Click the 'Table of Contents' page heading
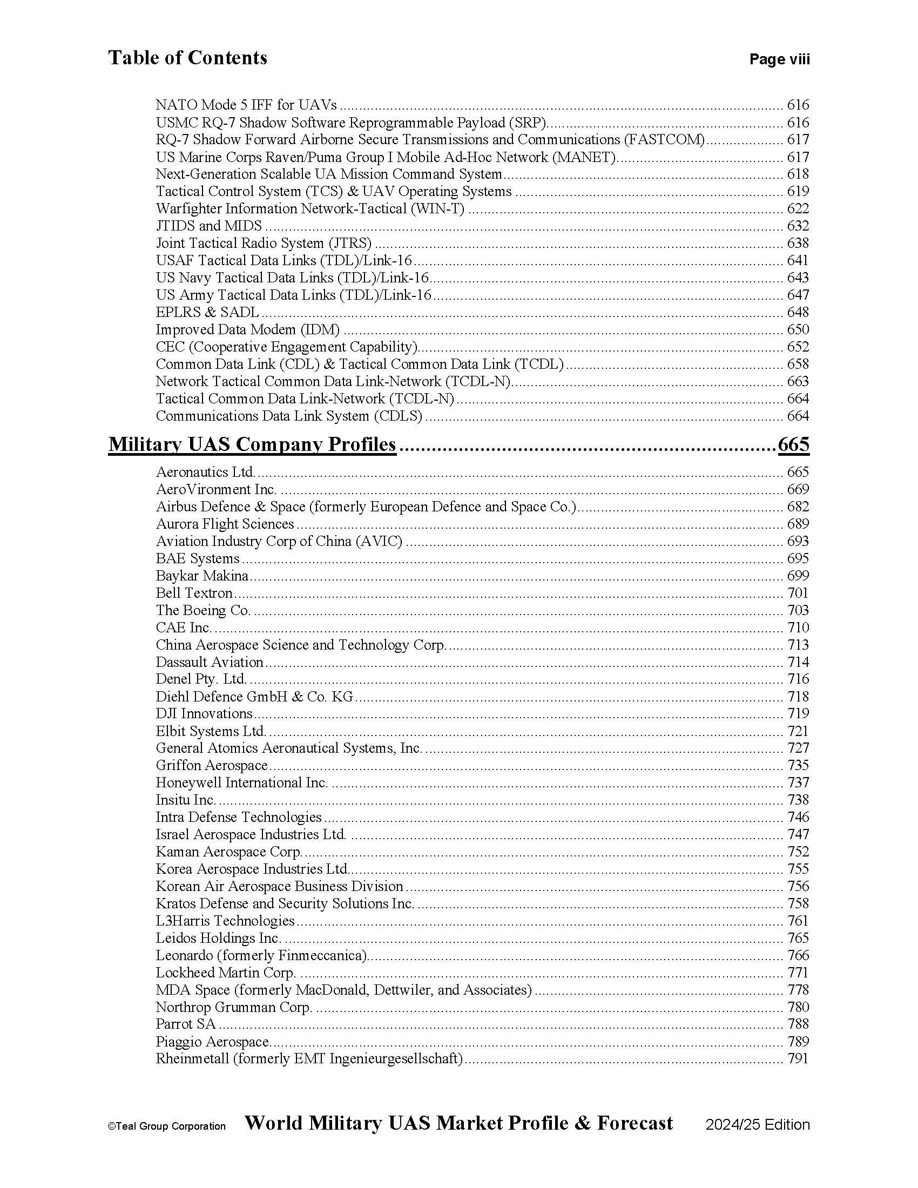click(187, 58)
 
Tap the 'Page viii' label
click(779, 59)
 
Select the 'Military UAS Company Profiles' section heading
click(252, 444)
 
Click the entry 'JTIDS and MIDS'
click(209, 226)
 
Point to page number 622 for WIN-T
click(798, 209)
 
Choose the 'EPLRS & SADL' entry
click(207, 312)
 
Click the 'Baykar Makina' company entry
click(202, 576)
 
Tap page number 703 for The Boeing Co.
click(798, 610)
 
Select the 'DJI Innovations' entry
click(204, 713)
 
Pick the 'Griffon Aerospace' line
click(212, 765)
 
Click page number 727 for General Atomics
click(798, 748)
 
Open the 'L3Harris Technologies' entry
click(225, 920)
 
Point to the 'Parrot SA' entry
click(185, 1024)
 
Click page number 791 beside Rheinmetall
click(798, 1058)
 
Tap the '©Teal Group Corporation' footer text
click(166, 1126)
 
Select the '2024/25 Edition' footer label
click(758, 1125)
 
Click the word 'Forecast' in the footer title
click(634, 1123)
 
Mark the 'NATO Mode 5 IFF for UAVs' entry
click(246, 105)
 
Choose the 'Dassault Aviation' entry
click(210, 662)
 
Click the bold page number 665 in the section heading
click(793, 444)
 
